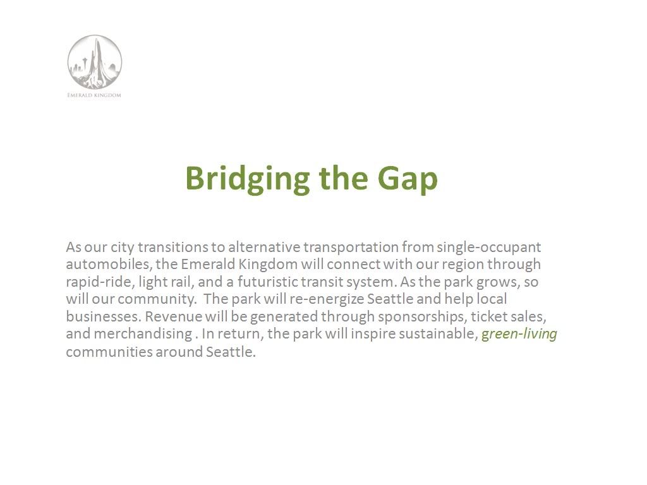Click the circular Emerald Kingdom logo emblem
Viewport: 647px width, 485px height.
pos(95,62)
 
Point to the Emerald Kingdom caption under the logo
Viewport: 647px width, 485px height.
pos(94,95)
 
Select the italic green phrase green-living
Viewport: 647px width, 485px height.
pos(519,333)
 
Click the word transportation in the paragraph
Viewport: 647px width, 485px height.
pos(351,247)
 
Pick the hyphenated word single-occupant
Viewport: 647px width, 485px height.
pos(489,247)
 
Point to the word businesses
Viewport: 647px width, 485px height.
pos(104,316)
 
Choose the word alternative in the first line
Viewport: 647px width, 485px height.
pos(264,247)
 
